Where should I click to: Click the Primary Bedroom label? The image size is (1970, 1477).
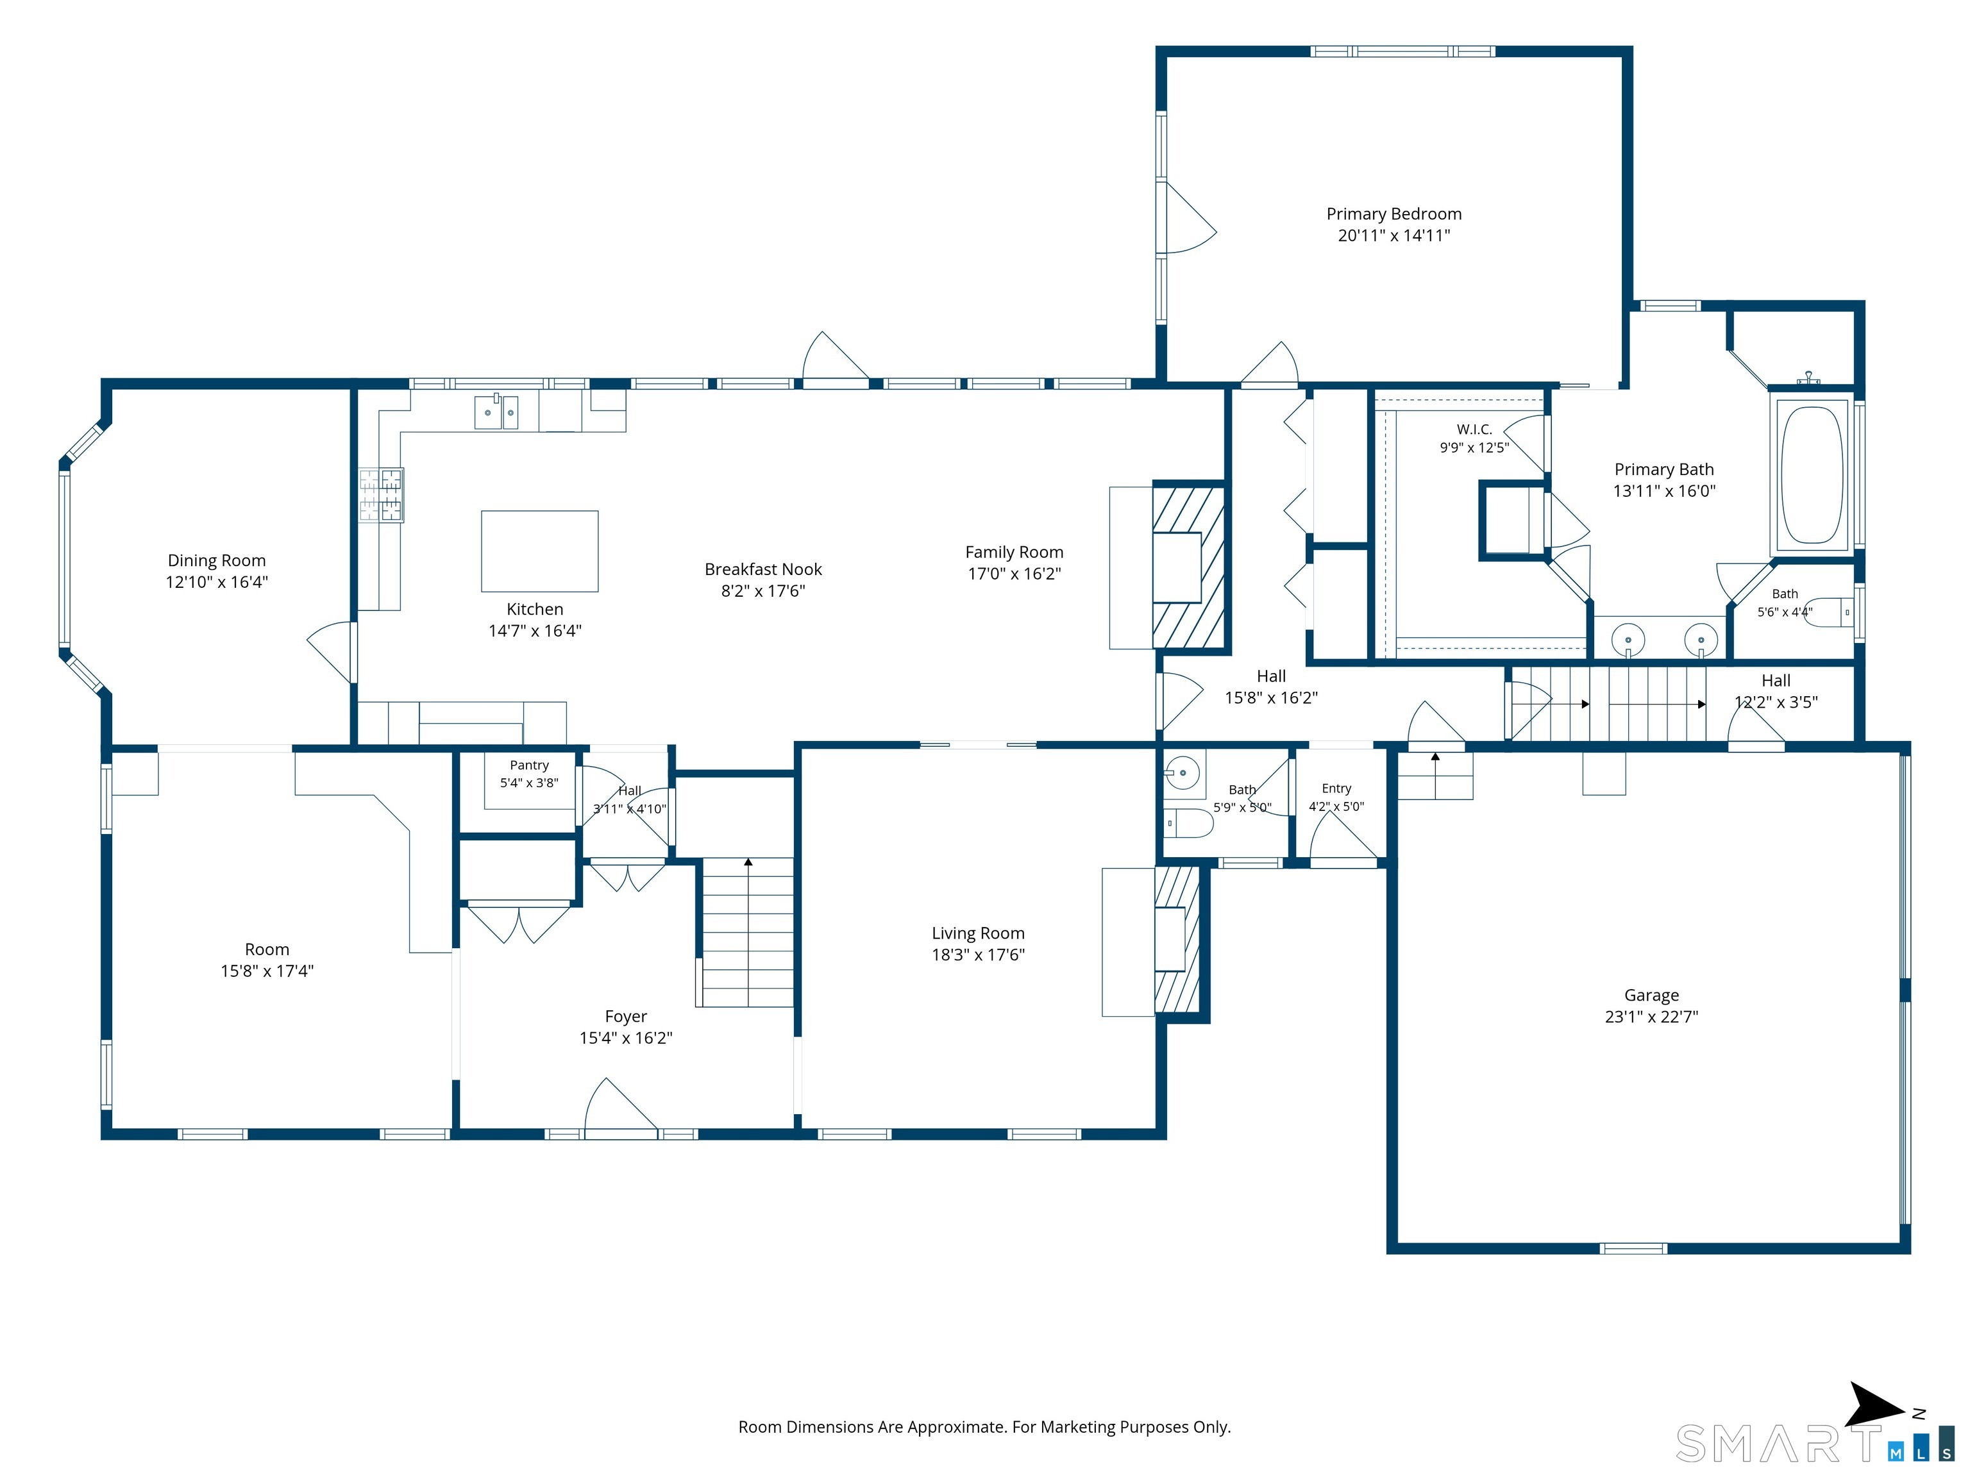click(x=1393, y=213)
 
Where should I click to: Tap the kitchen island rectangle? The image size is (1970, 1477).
click(x=540, y=551)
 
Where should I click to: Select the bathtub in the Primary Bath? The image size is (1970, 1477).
click(x=1812, y=476)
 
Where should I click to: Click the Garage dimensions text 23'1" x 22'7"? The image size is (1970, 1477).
click(x=1651, y=1017)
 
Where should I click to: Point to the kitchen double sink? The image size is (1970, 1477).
click(x=496, y=412)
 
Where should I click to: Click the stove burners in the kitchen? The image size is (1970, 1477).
click(x=380, y=495)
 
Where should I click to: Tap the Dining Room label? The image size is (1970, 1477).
click(x=216, y=560)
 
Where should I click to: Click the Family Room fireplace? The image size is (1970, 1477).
click(x=1189, y=566)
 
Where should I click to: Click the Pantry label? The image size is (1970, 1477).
click(x=529, y=765)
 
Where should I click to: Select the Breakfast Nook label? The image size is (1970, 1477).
click(x=763, y=569)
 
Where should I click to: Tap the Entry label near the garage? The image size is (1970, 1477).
click(x=1336, y=788)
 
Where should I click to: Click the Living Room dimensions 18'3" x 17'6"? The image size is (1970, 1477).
click(x=978, y=955)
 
